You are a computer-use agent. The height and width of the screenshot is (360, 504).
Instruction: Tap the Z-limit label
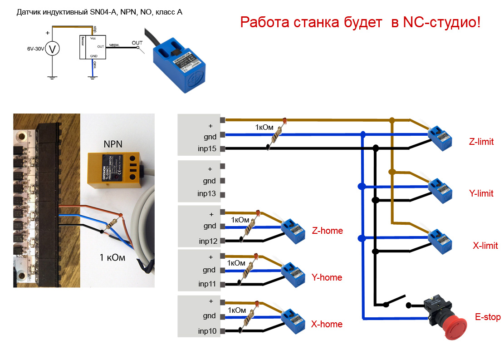click(481, 142)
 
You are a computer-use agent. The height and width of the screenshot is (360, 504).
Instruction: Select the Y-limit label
click(481, 193)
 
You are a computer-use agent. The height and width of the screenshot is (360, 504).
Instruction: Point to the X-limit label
click(485, 246)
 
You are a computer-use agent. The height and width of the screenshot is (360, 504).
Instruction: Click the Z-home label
click(328, 231)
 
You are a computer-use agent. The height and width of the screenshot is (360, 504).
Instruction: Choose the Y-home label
click(327, 277)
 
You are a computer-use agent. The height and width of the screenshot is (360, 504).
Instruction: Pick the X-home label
click(327, 324)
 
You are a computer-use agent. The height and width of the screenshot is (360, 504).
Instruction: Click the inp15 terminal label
click(207, 148)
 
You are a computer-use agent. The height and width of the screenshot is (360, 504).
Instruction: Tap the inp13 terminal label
click(207, 194)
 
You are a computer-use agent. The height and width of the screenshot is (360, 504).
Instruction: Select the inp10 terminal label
click(207, 331)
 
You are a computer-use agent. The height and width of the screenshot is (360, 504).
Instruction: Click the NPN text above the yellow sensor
click(113, 144)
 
